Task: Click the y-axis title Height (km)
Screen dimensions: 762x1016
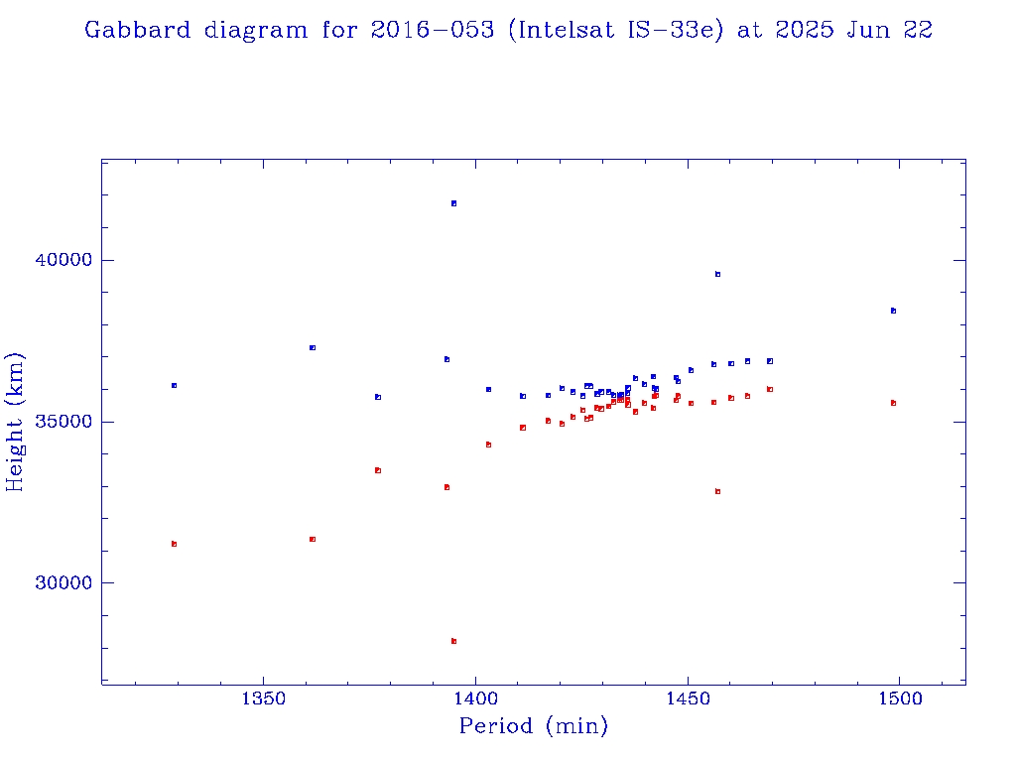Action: [16, 422]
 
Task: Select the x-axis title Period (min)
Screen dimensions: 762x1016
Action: [533, 726]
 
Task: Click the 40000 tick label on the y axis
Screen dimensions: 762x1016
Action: [58, 261]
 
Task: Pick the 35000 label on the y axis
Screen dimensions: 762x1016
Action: [58, 422]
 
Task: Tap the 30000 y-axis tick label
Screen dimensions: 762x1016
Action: [58, 583]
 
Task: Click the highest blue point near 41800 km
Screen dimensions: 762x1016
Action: [453, 203]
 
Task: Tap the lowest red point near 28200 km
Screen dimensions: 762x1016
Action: [453, 641]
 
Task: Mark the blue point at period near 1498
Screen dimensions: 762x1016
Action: [893, 311]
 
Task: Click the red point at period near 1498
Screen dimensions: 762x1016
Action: [893, 403]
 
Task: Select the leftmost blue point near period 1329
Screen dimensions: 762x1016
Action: [174, 385]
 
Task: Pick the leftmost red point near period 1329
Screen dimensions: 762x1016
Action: [174, 544]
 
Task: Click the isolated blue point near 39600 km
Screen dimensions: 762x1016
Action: [717, 274]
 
